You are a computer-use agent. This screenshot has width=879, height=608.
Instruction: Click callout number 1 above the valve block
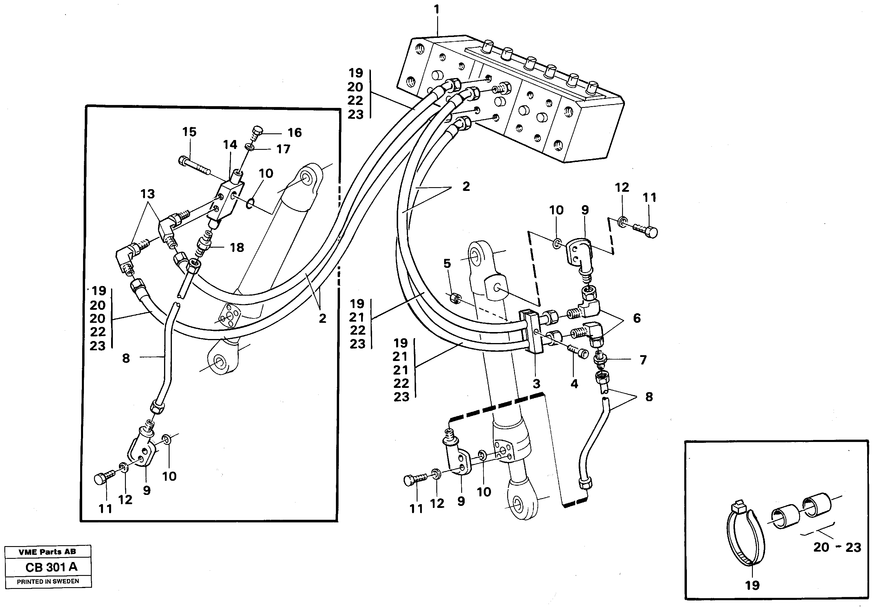pyautogui.click(x=437, y=10)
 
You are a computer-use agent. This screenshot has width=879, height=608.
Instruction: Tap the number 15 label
pyautogui.click(x=189, y=132)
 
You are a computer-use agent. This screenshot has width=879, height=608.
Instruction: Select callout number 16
pyautogui.click(x=294, y=133)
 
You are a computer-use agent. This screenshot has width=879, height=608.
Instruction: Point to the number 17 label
pyautogui.click(x=283, y=149)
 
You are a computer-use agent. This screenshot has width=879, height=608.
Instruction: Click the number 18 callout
pyautogui.click(x=237, y=248)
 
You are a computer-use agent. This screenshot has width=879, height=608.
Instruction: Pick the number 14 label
pyautogui.click(x=230, y=145)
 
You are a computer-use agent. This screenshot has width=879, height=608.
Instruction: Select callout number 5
pyautogui.click(x=447, y=263)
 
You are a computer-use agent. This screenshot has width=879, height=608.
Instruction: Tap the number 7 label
pyautogui.click(x=643, y=360)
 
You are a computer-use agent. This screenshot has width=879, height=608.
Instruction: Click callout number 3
pyautogui.click(x=536, y=384)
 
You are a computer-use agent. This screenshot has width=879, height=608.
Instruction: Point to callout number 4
pyautogui.click(x=574, y=384)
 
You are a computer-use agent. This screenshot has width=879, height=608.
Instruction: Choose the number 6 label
pyautogui.click(x=637, y=318)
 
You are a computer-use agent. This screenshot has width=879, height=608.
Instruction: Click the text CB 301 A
pyautogui.click(x=52, y=567)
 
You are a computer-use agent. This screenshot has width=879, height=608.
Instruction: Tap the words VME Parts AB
pyautogui.click(x=48, y=552)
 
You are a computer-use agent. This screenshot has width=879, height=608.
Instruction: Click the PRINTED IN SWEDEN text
pyautogui.click(x=48, y=581)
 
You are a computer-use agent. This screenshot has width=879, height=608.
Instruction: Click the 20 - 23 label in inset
pyautogui.click(x=837, y=548)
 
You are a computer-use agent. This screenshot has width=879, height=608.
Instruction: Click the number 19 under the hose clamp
pyautogui.click(x=752, y=585)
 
